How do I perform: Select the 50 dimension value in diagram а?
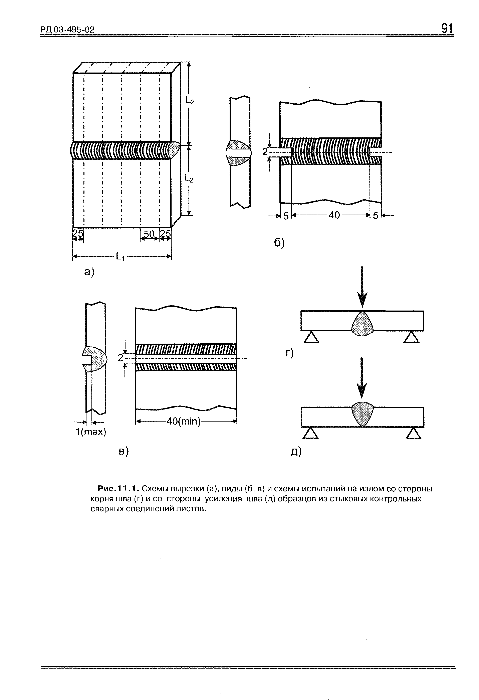149,234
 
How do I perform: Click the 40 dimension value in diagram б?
334,215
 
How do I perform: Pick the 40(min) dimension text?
184,421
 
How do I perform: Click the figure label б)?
279,243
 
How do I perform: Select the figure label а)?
89,272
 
